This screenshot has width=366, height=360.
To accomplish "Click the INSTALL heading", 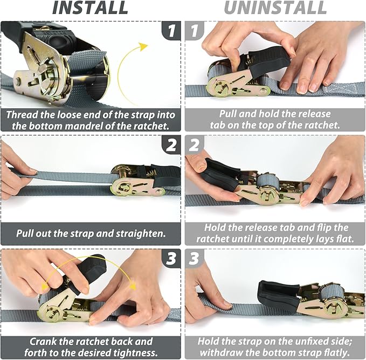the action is pyautogui.click(x=90, y=8).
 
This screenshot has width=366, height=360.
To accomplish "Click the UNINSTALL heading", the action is pyautogui.click(x=275, y=8).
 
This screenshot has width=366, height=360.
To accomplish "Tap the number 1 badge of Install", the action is pyautogui.click(x=171, y=30).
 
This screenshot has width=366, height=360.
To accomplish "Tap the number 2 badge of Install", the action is pyautogui.click(x=171, y=145).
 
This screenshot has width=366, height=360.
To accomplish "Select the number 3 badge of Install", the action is pyautogui.click(x=171, y=259).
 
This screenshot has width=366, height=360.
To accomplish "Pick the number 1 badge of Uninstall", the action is pyautogui.click(x=195, y=30).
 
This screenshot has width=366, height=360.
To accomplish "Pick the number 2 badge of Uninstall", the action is pyautogui.click(x=195, y=145).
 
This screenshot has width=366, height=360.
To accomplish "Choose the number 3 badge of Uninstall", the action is pyautogui.click(x=195, y=259).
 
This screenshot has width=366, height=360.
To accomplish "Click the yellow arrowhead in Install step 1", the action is pyautogui.click(x=143, y=46).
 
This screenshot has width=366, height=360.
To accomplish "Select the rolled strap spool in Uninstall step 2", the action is pyautogui.click(x=268, y=181).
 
